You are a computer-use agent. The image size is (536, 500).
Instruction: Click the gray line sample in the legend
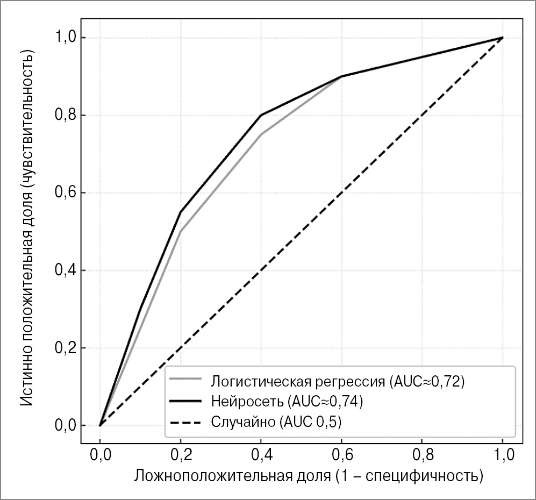click(185, 381)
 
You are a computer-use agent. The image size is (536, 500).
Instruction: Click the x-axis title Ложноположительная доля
click(308, 476)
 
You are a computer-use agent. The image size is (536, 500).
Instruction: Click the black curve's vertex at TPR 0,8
click(261, 115)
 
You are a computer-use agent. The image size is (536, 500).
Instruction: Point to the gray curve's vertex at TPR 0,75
click(261, 134)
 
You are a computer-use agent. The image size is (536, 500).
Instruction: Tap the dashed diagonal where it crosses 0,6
click(341, 193)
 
